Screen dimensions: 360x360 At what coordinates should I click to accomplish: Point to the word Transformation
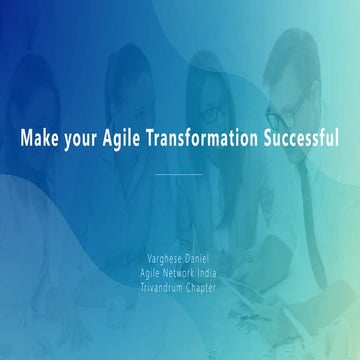click(206, 137)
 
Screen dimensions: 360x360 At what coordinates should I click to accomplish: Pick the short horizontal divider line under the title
click(180, 174)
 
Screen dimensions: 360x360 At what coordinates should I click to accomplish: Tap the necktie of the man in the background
click(312, 200)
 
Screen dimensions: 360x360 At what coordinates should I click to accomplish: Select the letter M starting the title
click(27, 137)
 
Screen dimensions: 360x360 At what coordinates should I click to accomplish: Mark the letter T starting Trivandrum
click(142, 270)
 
